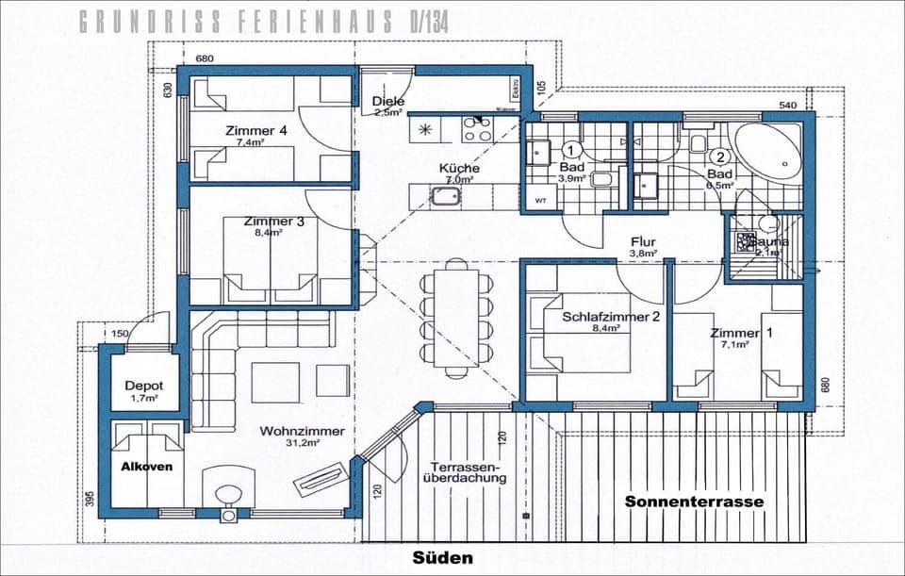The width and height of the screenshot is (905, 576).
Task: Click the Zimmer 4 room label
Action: point(255,131)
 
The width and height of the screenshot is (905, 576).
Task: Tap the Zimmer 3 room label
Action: point(273,222)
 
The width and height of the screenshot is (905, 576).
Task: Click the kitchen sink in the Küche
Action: point(445,196)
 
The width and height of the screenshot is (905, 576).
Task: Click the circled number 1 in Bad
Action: point(570,149)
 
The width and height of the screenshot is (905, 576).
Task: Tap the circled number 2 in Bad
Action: point(720,157)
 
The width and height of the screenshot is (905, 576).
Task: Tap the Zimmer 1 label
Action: point(734,334)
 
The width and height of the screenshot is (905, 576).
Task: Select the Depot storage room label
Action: point(143,387)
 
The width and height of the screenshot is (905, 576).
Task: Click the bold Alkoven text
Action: point(146,466)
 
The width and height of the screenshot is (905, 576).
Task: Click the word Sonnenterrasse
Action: point(694,502)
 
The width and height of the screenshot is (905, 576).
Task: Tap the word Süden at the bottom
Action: point(443,558)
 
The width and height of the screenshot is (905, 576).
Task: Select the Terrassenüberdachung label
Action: point(468,472)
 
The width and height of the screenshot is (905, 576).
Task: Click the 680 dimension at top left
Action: point(205,58)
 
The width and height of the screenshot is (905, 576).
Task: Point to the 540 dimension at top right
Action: point(787,104)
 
